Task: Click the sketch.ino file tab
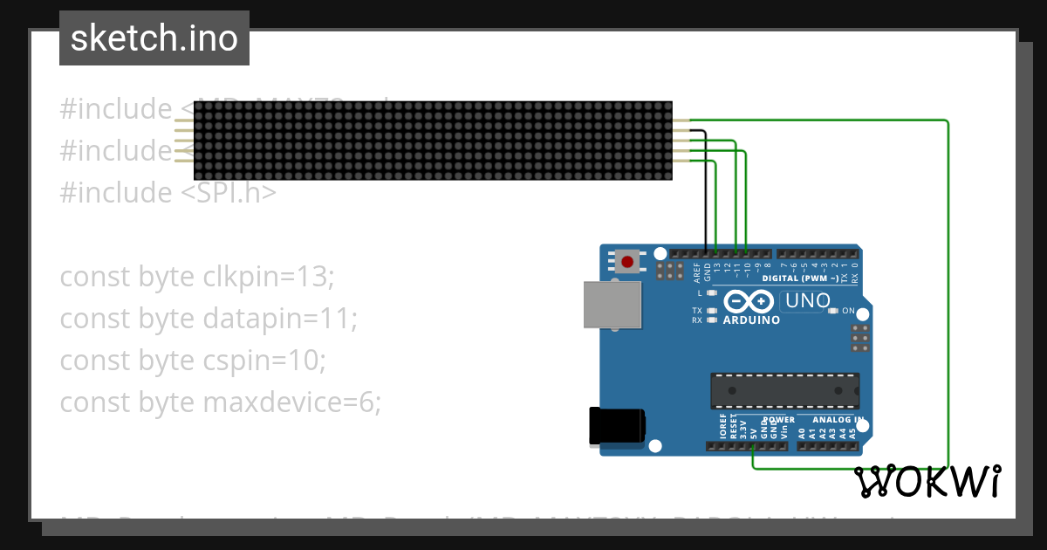point(154,38)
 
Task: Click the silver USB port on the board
point(613,305)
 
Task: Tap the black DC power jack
point(617,426)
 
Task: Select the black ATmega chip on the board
point(784,391)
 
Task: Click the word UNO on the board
point(807,301)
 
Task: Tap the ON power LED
point(834,311)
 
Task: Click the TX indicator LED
point(713,311)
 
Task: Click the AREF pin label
point(697,272)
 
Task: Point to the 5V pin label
point(753,430)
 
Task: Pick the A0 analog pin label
point(802,431)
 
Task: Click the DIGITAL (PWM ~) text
point(800,278)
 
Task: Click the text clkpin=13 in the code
point(268,277)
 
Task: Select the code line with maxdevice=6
point(220,402)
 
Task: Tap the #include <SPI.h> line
point(168,192)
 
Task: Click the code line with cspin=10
point(192,361)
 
